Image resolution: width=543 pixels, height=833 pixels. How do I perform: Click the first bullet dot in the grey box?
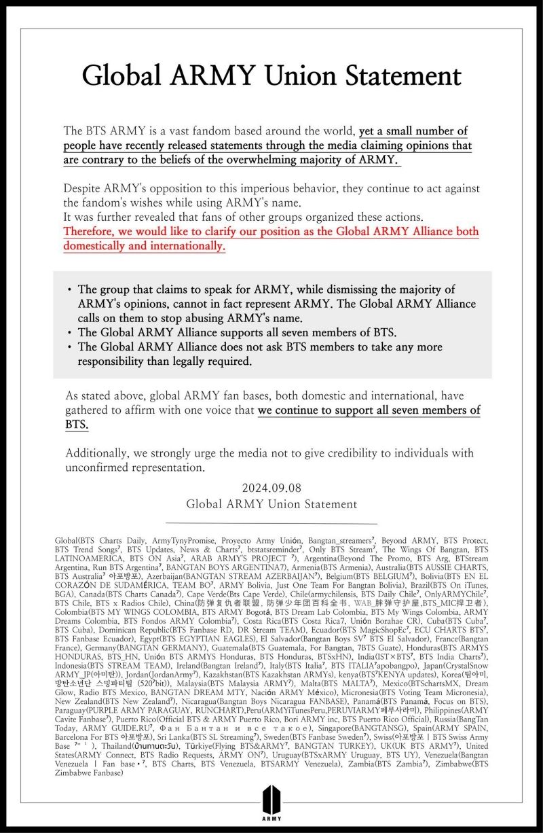tap(70, 290)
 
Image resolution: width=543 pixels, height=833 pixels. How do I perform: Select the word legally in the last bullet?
tap(181, 361)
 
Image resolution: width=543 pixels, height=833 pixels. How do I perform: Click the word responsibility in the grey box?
tap(113, 361)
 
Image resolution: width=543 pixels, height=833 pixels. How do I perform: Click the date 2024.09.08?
tap(271, 489)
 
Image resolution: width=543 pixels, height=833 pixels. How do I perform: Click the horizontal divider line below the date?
tap(271, 524)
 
